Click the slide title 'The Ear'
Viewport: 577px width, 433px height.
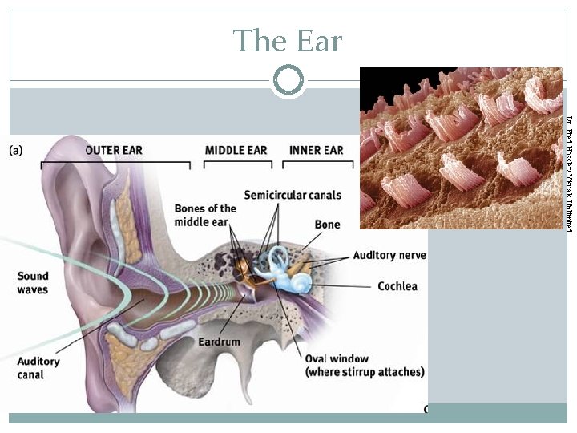click(x=288, y=40)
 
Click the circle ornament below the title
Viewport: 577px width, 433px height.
click(x=288, y=80)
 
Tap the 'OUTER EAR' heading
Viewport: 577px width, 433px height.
click(x=114, y=150)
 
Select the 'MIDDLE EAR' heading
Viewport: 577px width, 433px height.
click(x=236, y=150)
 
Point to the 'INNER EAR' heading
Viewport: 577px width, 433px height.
click(x=316, y=150)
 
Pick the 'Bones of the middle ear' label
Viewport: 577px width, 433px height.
click(x=205, y=215)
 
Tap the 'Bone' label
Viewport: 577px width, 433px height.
click(x=327, y=225)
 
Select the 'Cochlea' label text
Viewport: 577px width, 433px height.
click(x=397, y=286)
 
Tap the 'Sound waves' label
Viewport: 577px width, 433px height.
click(x=33, y=283)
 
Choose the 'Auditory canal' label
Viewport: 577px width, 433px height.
click(x=38, y=368)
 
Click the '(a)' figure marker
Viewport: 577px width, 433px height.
click(x=16, y=150)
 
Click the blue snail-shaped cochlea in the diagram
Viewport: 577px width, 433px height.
click(x=303, y=283)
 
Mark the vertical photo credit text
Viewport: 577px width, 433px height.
click(x=568, y=175)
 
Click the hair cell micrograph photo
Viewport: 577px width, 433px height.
click(x=461, y=148)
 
